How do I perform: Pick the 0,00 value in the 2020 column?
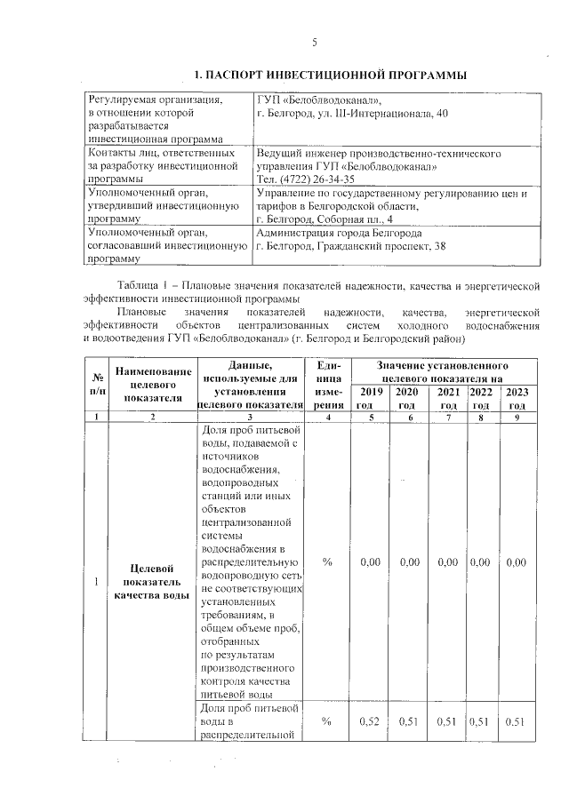click(x=409, y=562)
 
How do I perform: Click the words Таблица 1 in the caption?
click(x=140, y=286)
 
